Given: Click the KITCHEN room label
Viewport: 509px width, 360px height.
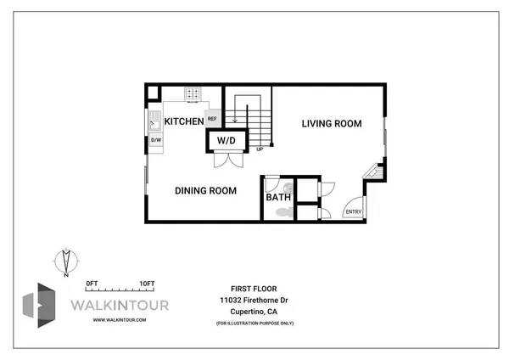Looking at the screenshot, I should (184, 121).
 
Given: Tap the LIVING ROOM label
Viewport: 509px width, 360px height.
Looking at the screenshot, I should (332, 123).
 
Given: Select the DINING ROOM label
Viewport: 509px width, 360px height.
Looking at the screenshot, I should (205, 190).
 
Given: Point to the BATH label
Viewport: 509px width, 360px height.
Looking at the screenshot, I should (278, 198).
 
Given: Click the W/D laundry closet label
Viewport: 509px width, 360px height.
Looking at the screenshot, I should (226, 140).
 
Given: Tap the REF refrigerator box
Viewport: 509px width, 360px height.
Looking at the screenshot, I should (212, 120).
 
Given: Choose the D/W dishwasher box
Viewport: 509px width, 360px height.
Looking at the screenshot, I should (156, 139).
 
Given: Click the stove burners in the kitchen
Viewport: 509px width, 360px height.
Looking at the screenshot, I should (193, 93).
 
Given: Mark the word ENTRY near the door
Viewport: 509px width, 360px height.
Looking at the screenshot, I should (352, 211).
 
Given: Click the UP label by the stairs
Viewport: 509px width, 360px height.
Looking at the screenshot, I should (260, 149).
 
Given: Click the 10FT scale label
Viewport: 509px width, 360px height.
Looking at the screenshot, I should (147, 283).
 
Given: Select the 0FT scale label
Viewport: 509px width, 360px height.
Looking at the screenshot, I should (92, 283).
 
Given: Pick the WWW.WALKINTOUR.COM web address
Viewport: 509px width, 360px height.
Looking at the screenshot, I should (120, 319).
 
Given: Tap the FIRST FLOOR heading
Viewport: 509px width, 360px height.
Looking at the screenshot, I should (254, 289).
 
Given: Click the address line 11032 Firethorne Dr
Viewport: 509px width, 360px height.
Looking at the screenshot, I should (255, 301).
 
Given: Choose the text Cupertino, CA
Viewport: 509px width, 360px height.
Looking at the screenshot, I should (255, 312).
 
